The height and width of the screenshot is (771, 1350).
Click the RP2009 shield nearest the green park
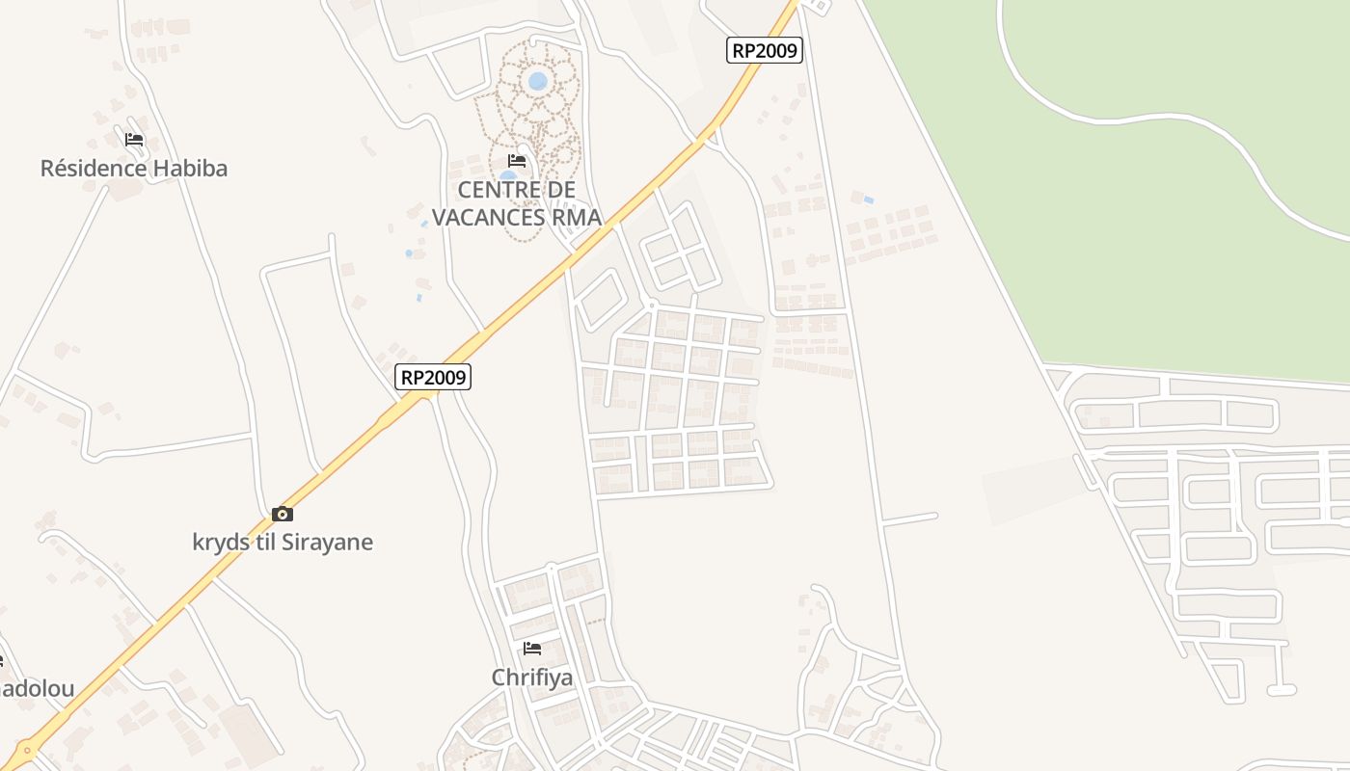click(764, 50)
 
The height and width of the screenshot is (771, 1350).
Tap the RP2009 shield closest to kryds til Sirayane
click(433, 377)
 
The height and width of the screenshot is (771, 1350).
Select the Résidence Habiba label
click(134, 169)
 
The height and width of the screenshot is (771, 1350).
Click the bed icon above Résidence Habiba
click(134, 140)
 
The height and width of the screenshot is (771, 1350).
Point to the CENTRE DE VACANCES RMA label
click(517, 203)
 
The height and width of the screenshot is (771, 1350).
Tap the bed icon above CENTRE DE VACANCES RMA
click(517, 160)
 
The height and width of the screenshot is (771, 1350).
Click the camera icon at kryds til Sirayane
click(282, 514)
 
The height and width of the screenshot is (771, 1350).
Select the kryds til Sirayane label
click(283, 542)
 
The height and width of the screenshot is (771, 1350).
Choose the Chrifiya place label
click(532, 678)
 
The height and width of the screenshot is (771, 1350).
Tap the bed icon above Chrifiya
click(532, 649)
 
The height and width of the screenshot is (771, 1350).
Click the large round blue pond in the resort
click(537, 81)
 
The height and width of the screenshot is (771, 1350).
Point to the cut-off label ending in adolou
click(37, 689)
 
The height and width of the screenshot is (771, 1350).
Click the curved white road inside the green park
click(1157, 119)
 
